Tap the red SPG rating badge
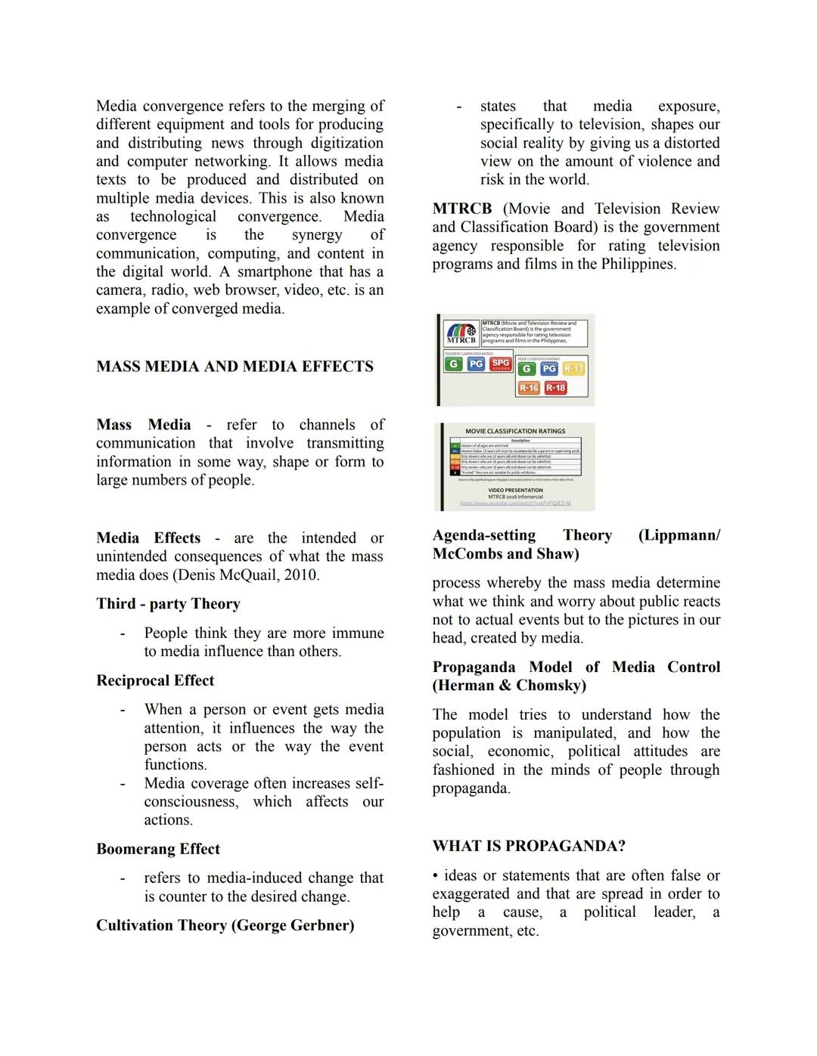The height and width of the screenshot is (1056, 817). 501,364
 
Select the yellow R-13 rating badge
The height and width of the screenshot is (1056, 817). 574,368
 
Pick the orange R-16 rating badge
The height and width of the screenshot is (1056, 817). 528,388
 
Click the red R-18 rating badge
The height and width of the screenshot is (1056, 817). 555,388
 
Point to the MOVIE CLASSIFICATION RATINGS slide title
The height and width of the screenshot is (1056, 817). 515,431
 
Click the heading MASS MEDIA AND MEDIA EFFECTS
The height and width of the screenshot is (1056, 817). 235,367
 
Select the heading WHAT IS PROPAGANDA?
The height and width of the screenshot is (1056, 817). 529,846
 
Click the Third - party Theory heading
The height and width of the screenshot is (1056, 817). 168,603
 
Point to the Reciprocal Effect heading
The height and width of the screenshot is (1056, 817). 155,680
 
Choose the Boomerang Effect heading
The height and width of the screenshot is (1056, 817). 158,849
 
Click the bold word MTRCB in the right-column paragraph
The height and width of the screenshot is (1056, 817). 461,209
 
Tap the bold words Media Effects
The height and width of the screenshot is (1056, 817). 148,538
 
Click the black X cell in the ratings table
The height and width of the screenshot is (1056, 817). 455,472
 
